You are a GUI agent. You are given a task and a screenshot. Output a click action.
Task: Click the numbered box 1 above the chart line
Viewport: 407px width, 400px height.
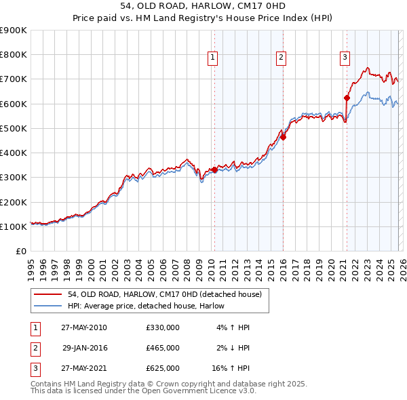pos(213,58)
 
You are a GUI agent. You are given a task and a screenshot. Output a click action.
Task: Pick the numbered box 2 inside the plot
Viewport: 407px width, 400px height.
pos(280,58)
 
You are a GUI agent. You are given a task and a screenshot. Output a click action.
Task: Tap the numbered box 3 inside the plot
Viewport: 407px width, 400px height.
pos(345,58)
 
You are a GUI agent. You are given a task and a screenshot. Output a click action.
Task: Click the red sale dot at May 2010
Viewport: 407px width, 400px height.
pos(214,170)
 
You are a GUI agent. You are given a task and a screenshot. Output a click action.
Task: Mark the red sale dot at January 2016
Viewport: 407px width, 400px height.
pos(283,137)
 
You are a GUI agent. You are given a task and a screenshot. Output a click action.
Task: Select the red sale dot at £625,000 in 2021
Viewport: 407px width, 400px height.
pos(347,98)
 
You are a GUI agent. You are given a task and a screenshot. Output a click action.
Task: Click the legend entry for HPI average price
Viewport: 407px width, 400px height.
pos(146,306)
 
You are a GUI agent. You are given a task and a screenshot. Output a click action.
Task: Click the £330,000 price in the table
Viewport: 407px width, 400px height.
pos(162,327)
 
